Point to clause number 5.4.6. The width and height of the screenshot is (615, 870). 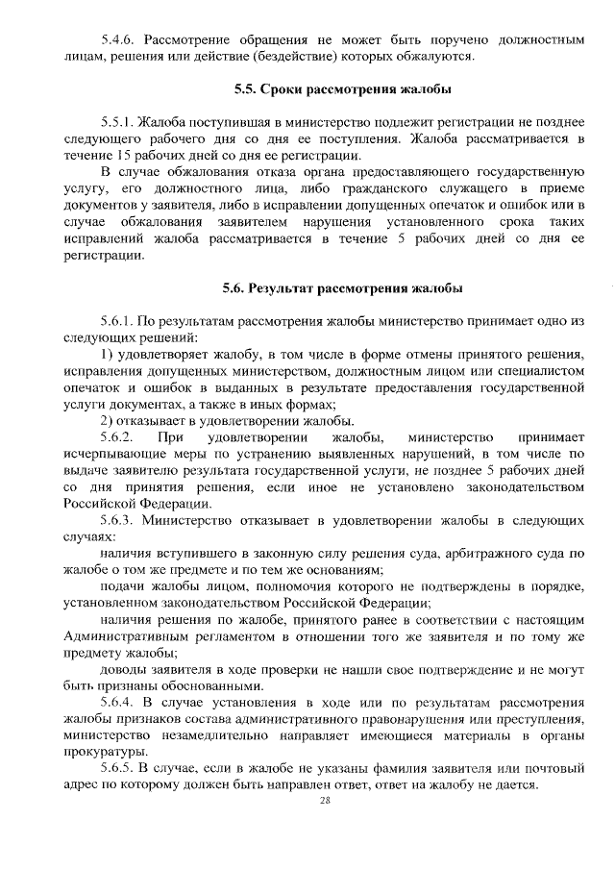point(119,40)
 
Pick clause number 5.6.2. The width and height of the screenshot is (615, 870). point(119,438)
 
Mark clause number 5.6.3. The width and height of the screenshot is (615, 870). point(119,521)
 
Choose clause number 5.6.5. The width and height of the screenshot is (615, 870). point(119,768)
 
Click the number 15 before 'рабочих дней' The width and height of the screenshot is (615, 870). point(120,158)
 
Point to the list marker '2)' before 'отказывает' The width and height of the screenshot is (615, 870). point(108,421)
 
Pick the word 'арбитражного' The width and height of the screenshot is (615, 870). point(471,554)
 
